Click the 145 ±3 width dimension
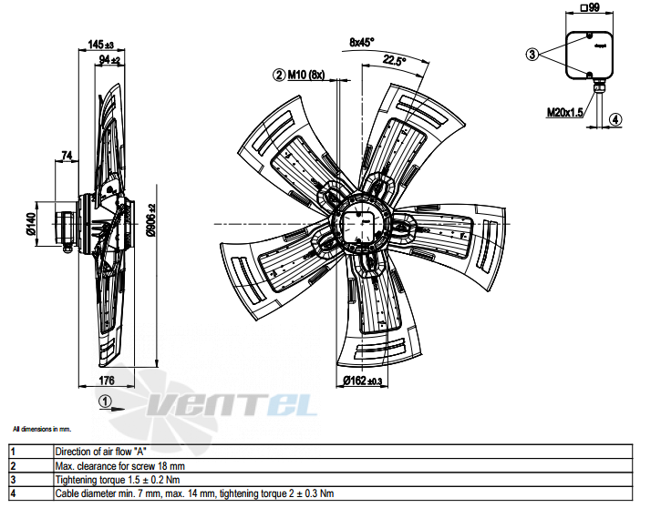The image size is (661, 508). (101, 45)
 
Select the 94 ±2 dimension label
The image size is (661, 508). (109, 60)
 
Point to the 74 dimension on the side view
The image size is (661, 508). (67, 156)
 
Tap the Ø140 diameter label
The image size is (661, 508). (31, 223)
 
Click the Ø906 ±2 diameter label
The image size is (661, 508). (151, 219)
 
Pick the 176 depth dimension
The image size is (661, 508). (107, 381)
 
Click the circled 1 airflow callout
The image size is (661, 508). (105, 401)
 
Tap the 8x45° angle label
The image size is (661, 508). (362, 42)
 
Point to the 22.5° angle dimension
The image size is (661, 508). (394, 61)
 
